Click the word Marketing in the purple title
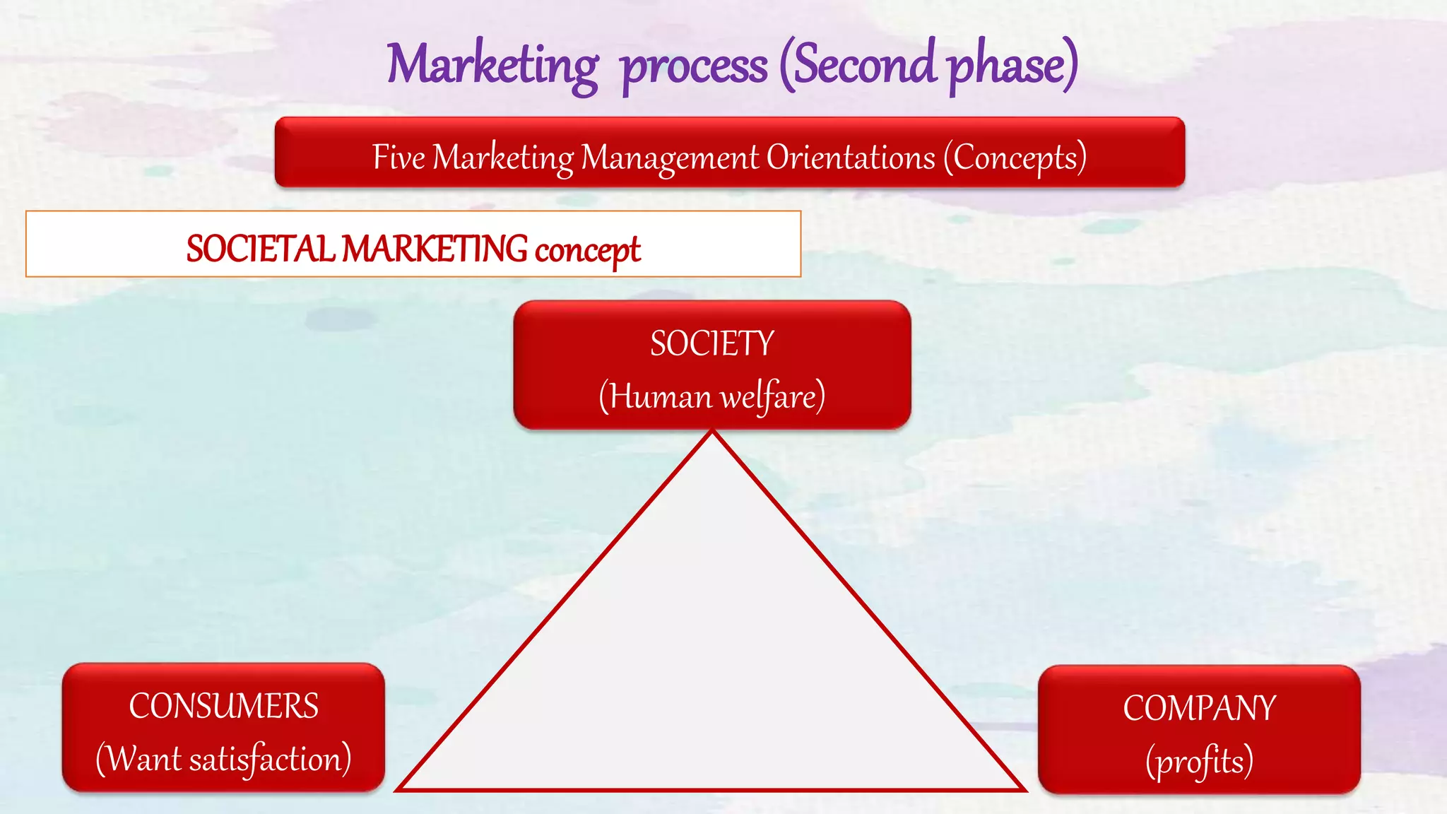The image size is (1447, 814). tap(492, 65)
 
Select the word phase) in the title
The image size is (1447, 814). tap(1012, 65)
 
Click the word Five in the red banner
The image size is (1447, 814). tap(398, 157)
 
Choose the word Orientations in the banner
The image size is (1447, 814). tap(851, 157)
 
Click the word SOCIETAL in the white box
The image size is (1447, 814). tap(260, 249)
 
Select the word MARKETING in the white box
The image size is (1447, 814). tap(435, 249)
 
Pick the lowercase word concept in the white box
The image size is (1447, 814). tap(588, 250)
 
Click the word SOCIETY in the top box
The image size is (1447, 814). tap(712, 344)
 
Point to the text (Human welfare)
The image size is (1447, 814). tap(712, 396)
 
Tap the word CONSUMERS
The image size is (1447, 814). tap(223, 706)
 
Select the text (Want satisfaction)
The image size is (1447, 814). tap(223, 759)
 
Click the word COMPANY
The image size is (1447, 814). tap(1199, 708)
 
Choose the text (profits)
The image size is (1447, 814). tap(1199, 761)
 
